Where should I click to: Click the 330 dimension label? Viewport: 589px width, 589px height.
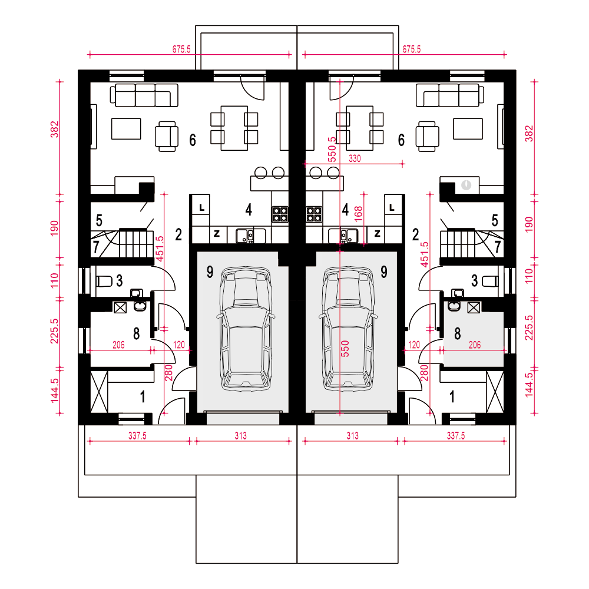355,158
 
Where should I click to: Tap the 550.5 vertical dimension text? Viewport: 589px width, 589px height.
332,150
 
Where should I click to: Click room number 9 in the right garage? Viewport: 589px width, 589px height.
384,272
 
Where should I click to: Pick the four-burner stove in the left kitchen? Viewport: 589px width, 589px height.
280,214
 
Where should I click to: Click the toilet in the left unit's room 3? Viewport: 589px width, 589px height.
104,281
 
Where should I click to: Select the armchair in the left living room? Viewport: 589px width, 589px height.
167,137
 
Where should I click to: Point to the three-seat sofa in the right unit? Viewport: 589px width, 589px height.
450,95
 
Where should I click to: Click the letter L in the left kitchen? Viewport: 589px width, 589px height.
201,208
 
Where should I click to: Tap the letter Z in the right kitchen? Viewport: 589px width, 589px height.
378,234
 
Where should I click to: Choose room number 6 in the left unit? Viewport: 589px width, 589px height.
193,140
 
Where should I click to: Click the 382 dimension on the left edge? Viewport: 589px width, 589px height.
55,129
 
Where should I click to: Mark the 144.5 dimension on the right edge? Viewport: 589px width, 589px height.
529,385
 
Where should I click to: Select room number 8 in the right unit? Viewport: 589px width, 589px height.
458,333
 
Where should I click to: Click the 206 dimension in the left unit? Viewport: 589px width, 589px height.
119,345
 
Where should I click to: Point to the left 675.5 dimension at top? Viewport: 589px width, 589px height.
181,49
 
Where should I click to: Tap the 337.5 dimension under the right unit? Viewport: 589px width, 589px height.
456,436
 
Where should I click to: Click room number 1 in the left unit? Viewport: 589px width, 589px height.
143,396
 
